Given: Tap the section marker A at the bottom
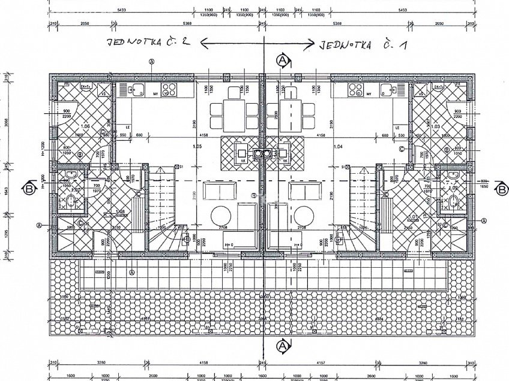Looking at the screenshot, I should (282, 347).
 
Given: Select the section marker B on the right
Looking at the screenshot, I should (501, 189).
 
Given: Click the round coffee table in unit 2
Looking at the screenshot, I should (220, 215).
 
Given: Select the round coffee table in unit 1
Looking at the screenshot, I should (304, 215).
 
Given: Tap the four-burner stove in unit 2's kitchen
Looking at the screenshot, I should (169, 91).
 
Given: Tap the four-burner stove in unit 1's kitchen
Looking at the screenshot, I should (355, 91).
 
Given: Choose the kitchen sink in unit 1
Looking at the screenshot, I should (393, 91).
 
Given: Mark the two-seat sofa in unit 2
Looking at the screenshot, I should (214, 192).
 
